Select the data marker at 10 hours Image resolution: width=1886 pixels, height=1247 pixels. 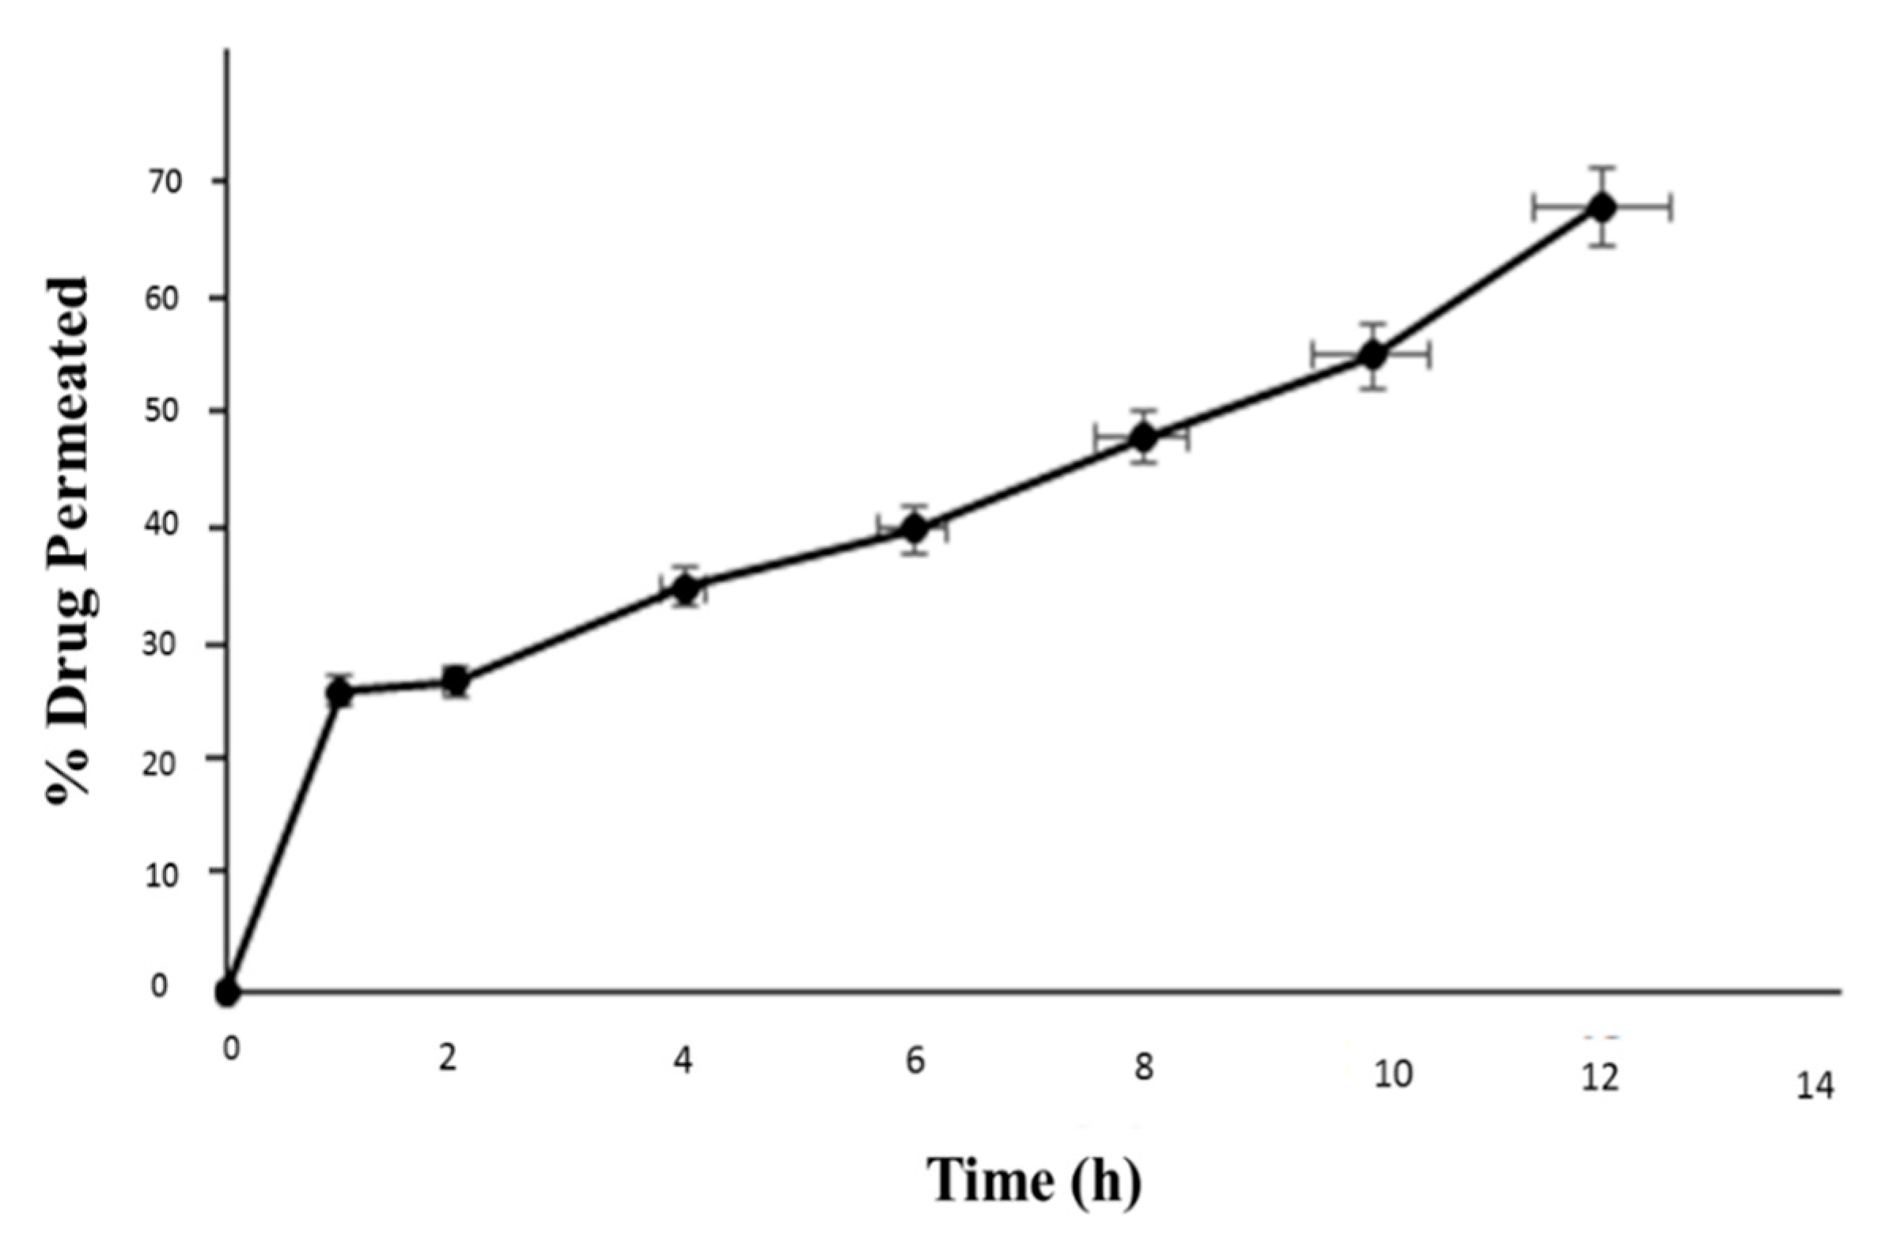[1371, 355]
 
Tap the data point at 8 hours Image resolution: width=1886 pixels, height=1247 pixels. [1143, 437]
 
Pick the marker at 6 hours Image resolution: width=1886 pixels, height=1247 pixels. [914, 528]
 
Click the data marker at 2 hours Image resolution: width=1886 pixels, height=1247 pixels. [456, 681]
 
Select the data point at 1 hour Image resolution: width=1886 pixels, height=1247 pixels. [340, 693]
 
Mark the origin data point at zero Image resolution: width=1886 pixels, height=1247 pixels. [228, 992]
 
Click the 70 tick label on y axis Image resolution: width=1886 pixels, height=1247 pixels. [164, 182]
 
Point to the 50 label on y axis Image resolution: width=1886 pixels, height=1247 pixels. [164, 411]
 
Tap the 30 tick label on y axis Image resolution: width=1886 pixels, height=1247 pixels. [164, 644]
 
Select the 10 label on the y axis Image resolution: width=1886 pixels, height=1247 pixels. [164, 872]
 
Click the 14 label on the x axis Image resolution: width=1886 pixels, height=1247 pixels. [1816, 1087]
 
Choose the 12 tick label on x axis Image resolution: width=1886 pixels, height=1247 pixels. [1600, 1079]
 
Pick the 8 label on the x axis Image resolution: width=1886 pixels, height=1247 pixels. [1143, 1069]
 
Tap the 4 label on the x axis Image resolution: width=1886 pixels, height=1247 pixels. [683, 1062]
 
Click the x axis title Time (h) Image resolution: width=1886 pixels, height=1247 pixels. [1033, 1182]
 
